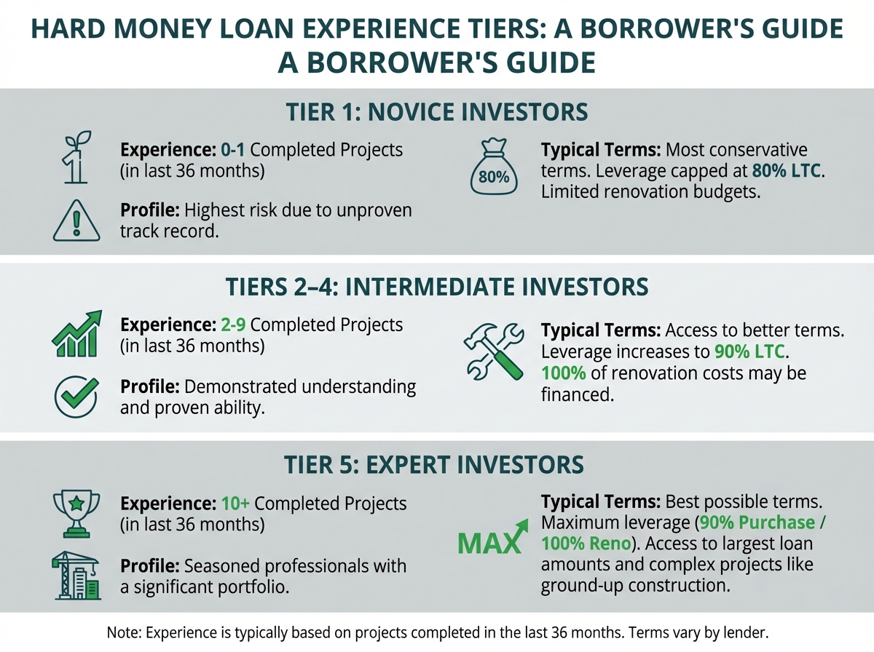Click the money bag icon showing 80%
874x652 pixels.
[494, 167]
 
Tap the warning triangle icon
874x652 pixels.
[76, 221]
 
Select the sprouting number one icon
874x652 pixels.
[76, 156]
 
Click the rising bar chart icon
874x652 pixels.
[77, 333]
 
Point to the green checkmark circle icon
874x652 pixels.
[76, 397]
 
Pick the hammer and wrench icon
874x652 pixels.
[494, 351]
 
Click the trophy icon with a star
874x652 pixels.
[76, 514]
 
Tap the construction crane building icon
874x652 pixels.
[76, 575]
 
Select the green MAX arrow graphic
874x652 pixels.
[493, 537]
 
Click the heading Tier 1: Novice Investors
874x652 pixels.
[437, 112]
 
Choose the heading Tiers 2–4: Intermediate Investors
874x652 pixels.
[437, 287]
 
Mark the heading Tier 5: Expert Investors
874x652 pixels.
[434, 464]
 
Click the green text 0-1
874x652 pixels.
[233, 150]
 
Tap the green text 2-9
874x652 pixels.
[233, 325]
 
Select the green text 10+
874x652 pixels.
[236, 504]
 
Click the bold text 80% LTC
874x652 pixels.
[787, 171]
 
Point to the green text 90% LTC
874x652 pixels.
[749, 351]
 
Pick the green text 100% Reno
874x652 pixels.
[586, 544]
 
